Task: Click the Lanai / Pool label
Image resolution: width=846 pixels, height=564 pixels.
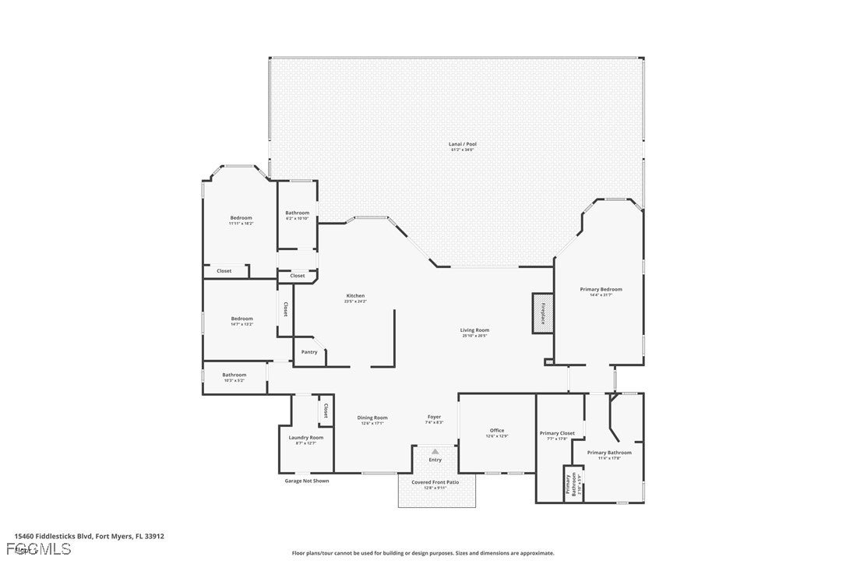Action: click(x=462, y=144)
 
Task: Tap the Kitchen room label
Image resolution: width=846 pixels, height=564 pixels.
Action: click(x=355, y=296)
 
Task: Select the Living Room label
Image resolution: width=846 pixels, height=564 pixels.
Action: click(x=474, y=330)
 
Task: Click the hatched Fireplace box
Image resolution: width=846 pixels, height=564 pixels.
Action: click(x=542, y=313)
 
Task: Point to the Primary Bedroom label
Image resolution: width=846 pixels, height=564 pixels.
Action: click(x=601, y=289)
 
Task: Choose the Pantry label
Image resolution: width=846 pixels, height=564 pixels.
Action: click(x=309, y=352)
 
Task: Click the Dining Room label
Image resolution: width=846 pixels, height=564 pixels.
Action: click(x=372, y=418)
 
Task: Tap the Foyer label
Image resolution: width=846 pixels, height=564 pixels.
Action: click(x=435, y=417)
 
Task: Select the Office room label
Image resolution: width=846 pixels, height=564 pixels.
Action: click(x=497, y=430)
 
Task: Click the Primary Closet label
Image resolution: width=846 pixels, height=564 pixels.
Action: click(x=557, y=433)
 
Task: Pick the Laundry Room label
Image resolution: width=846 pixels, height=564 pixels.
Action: click(x=305, y=437)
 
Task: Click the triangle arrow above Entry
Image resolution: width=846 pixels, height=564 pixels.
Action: click(x=435, y=450)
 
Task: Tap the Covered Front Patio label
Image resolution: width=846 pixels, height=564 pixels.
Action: click(x=436, y=482)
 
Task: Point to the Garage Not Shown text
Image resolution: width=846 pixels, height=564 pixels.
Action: click(x=307, y=481)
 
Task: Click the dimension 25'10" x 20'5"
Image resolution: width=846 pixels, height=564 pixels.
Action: click(x=474, y=337)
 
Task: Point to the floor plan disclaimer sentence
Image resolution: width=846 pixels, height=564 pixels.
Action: click(x=423, y=553)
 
